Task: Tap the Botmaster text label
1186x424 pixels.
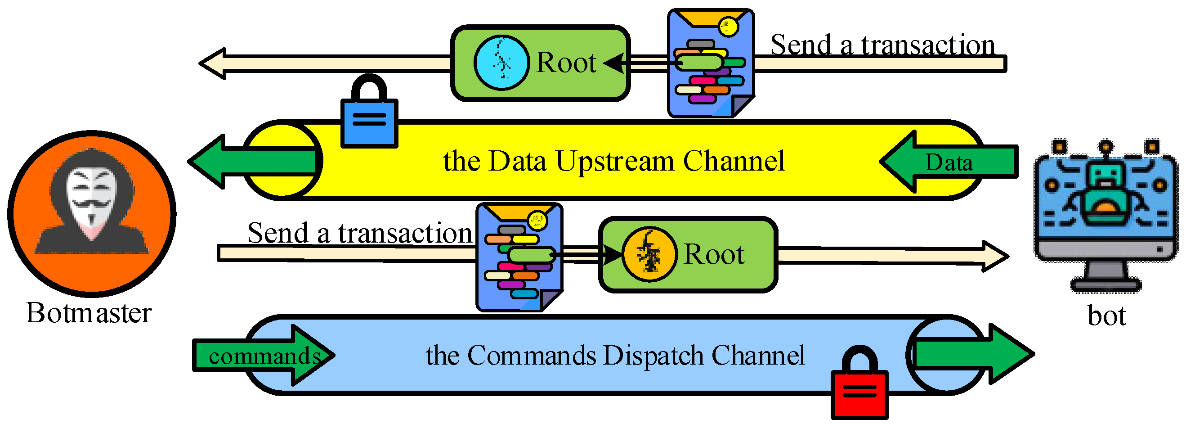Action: click(89, 313)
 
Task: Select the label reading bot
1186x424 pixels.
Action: click(1107, 316)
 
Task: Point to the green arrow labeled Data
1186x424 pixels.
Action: click(949, 162)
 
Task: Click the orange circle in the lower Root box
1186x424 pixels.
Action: click(649, 254)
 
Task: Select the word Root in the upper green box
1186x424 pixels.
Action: click(566, 63)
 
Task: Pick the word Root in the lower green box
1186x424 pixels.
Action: click(714, 254)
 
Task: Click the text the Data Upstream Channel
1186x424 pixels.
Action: click(614, 161)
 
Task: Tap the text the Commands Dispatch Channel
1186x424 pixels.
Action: click(615, 355)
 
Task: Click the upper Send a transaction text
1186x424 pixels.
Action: click(882, 45)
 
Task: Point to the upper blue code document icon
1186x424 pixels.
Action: click(710, 63)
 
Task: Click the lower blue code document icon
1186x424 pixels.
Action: click(519, 257)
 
